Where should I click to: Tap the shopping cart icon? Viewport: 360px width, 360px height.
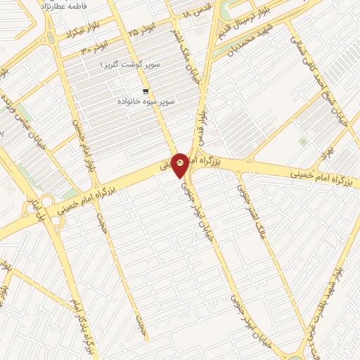[x=146, y=91]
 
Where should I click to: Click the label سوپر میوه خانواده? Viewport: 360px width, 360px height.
[x=146, y=103]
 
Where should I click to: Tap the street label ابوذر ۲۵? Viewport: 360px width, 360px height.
[x=143, y=34]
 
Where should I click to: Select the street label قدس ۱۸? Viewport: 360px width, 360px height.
[x=197, y=14]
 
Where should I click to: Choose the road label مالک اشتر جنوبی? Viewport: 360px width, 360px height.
[x=251, y=211]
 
